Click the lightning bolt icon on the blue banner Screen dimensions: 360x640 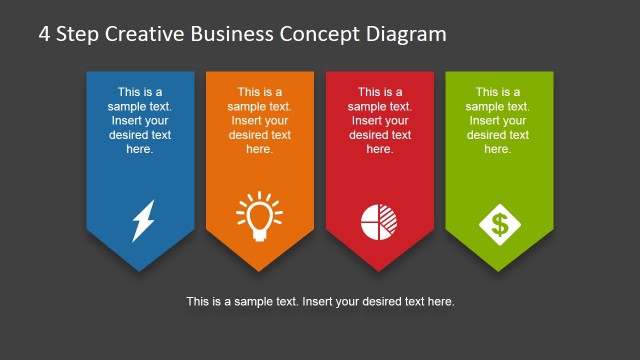coord(144,221)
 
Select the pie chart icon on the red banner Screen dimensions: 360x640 coord(378,220)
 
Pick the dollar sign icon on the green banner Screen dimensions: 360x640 coord(499,222)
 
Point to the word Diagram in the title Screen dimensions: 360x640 coord(408,34)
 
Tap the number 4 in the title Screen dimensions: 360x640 coord(45,34)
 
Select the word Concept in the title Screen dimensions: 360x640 coord(324,34)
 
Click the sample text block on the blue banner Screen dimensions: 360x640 coord(140,120)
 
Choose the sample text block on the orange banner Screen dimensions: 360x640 coord(259,120)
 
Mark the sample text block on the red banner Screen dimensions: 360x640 coord(379,120)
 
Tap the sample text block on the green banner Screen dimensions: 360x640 coord(498,120)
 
